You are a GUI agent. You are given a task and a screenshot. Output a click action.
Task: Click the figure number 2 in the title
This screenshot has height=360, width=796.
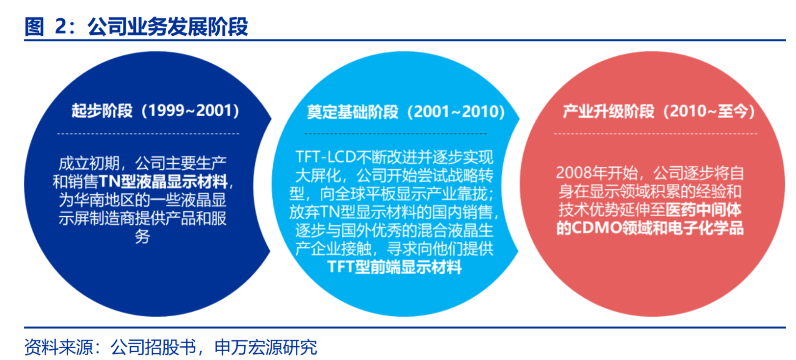61,26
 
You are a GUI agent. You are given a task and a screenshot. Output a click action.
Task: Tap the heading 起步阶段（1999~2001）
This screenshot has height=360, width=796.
155,110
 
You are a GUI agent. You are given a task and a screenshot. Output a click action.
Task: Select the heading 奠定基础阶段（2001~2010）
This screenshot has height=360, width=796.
406,112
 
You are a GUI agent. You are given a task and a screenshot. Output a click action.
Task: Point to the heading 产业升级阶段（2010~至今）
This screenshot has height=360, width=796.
659,111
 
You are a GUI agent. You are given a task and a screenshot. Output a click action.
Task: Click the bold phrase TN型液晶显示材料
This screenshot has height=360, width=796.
163,181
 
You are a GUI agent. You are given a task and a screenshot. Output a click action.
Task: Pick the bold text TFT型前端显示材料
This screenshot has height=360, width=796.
394,266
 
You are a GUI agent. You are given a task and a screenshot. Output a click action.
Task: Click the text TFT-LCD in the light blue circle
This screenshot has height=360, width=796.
325,157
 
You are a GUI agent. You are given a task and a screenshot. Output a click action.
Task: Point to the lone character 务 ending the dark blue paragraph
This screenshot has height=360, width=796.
142,236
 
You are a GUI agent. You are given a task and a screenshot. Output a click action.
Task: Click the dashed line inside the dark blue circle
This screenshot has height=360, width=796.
148,134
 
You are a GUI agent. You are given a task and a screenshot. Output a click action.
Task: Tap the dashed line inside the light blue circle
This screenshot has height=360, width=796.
395,134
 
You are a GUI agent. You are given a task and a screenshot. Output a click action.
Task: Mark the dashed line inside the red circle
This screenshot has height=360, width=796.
655,134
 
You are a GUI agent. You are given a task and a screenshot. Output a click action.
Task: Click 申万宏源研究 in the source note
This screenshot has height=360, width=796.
266,347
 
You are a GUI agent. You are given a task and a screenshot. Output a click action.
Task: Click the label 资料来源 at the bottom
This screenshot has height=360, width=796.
58,347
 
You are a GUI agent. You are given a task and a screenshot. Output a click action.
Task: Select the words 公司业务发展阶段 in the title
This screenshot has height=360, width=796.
167,26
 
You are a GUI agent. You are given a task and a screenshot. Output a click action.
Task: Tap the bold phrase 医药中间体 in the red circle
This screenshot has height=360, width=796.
704,210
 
